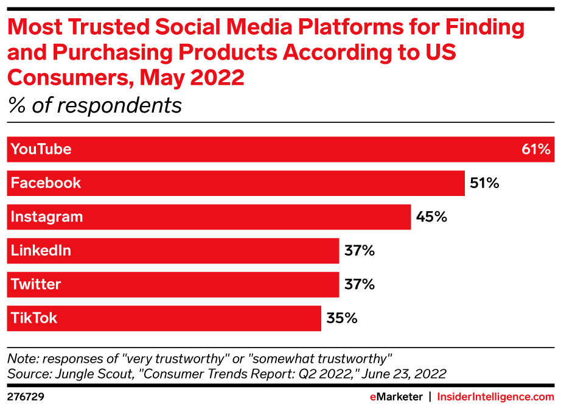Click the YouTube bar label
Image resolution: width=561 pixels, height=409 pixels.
tap(41, 150)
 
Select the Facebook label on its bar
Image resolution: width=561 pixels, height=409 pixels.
tap(46, 183)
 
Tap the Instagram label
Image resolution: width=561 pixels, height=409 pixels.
tap(47, 217)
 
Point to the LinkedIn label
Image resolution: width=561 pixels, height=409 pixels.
tap(41, 251)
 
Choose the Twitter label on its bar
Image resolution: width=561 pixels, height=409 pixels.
tap(36, 284)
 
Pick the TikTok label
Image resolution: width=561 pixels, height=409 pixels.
tap(34, 318)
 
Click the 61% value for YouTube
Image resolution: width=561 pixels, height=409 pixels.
tap(536, 150)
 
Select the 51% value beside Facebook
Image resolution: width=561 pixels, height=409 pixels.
tap(484, 183)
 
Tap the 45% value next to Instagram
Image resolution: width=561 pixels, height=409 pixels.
tap(432, 217)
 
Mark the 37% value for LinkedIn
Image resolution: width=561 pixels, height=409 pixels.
tap(359, 251)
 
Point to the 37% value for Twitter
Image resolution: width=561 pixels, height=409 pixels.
tap(359, 284)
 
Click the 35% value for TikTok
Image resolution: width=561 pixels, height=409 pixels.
tap(341, 318)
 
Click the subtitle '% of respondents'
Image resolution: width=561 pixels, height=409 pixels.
tap(95, 105)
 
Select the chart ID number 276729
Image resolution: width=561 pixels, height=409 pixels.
tap(26, 397)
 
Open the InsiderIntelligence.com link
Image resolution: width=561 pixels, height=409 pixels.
tap(496, 397)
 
